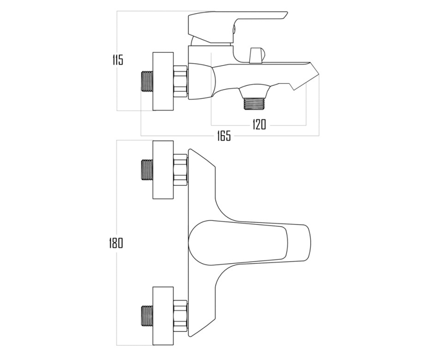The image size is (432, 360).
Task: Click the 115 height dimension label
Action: tap(118, 60)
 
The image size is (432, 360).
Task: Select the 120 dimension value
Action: tap(259, 125)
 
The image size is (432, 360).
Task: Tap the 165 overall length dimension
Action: tap(224, 136)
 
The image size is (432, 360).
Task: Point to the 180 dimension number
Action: tap(116, 243)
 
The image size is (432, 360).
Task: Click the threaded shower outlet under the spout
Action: tap(254, 103)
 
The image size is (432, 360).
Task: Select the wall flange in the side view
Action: tap(163, 81)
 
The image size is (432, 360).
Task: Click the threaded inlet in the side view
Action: tap(147, 81)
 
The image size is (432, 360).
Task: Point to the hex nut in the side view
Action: tap(180, 81)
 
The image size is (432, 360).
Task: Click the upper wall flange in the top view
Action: tap(163, 170)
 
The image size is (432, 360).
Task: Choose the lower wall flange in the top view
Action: tap(163, 316)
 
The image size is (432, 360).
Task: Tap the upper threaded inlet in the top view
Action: tap(147, 170)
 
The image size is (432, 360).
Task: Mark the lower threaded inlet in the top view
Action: tap(147, 316)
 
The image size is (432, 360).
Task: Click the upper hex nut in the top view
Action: tap(180, 170)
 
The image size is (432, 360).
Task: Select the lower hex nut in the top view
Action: tap(180, 316)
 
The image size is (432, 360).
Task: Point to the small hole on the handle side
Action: tap(234, 28)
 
